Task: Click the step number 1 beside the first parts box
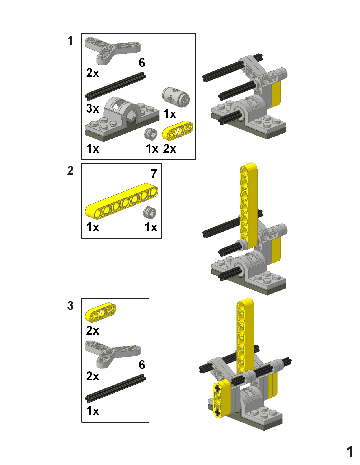tap(70, 41)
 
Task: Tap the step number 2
tap(70, 171)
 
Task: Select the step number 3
tap(70, 305)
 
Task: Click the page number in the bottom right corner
tap(350, 451)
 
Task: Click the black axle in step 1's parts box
tap(115, 86)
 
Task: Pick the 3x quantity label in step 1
tap(93, 108)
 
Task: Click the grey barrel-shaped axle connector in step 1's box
tap(176, 97)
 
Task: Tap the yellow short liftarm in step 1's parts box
tap(178, 130)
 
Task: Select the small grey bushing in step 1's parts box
tap(151, 134)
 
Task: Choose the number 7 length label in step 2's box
tap(154, 174)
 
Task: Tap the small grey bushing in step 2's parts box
tap(150, 213)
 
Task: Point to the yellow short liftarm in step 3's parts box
tap(101, 312)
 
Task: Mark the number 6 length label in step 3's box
tap(142, 365)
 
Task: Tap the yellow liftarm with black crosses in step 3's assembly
tap(221, 398)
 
